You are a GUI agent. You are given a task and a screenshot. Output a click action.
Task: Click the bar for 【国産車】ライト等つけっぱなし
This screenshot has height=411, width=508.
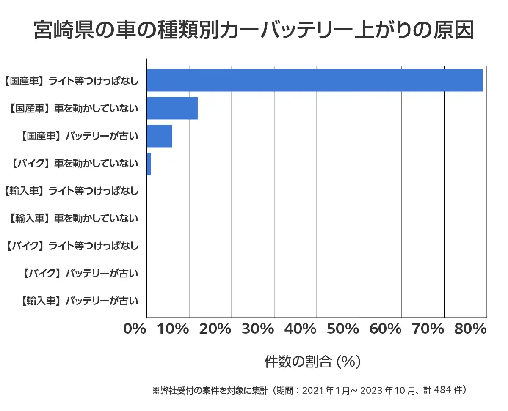(x=314, y=80)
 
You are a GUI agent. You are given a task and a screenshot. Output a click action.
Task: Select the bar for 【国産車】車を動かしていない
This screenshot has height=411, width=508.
(x=172, y=108)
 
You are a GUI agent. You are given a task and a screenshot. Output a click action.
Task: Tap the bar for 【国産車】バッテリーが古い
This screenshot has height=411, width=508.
(x=159, y=136)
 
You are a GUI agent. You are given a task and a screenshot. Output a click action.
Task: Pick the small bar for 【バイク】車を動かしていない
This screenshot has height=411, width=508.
(x=149, y=164)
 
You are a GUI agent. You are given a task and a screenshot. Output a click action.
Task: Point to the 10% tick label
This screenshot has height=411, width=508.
(x=173, y=329)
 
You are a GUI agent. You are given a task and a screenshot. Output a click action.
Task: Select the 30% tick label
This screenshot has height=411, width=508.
(x=258, y=329)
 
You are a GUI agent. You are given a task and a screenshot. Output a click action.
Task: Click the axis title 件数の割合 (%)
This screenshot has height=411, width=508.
(x=312, y=362)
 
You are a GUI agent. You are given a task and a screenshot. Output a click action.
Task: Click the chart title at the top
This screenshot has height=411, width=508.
(x=254, y=30)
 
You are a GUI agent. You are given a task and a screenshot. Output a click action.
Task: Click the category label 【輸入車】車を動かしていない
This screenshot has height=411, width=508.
(x=73, y=219)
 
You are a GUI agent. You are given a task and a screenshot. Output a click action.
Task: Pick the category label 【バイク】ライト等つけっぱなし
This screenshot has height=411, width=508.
(x=72, y=246)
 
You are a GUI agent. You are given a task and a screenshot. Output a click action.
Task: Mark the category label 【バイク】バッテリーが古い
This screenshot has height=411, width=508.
(x=79, y=274)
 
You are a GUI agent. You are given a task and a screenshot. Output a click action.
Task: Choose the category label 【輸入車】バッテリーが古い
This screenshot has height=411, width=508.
(x=79, y=301)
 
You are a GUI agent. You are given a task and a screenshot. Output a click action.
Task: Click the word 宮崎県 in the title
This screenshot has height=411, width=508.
(x=65, y=30)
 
